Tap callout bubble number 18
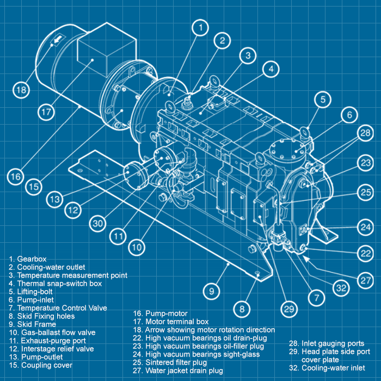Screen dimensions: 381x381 21,89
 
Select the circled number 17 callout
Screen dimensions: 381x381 47,112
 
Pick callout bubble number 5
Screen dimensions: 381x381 323,99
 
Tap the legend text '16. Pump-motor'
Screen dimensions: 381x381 161,314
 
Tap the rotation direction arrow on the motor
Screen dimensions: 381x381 57,41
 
